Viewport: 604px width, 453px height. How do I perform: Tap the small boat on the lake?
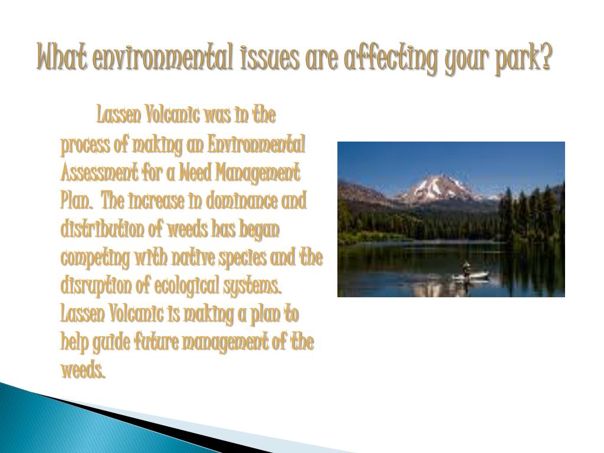point(470,276)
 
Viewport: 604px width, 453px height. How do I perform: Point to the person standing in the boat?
point(467,269)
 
